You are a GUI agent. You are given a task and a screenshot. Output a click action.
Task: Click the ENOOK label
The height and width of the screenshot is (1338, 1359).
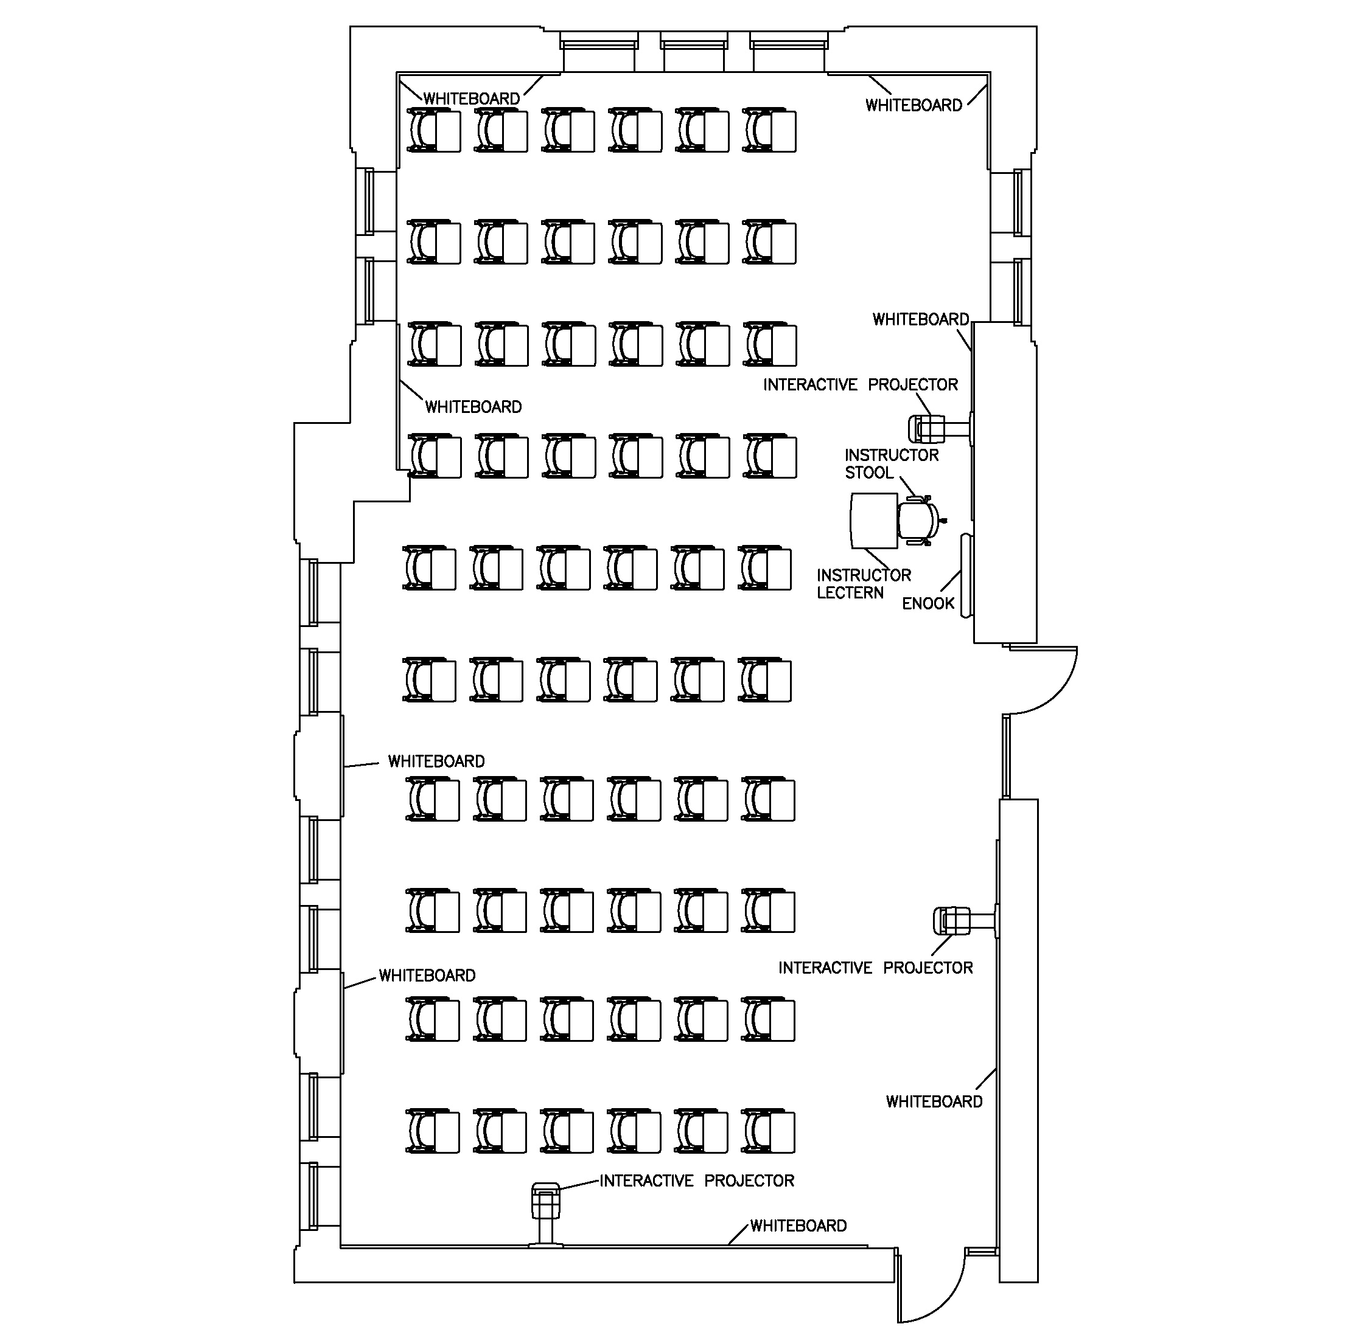click(x=928, y=603)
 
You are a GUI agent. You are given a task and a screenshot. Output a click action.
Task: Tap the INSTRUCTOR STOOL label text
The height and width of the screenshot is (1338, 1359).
click(x=891, y=464)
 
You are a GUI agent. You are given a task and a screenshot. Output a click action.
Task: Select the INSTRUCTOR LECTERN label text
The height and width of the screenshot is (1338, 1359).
click(x=864, y=584)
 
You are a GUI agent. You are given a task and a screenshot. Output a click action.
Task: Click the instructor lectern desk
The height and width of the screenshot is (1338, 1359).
click(x=873, y=521)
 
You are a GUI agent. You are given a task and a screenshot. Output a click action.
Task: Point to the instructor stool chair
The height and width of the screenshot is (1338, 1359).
click(x=917, y=521)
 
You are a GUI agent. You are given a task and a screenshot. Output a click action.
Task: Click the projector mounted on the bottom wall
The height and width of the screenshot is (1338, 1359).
click(x=545, y=1202)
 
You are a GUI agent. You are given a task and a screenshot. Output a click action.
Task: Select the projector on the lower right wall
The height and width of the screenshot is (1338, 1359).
click(x=951, y=920)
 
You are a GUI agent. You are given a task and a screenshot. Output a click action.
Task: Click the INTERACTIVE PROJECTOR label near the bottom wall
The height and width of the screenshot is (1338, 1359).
click(x=697, y=1180)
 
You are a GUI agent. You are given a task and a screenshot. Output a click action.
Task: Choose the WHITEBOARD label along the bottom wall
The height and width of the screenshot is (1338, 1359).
click(x=798, y=1225)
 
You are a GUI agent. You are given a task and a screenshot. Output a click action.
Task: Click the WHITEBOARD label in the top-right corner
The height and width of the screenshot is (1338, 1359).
click(x=914, y=105)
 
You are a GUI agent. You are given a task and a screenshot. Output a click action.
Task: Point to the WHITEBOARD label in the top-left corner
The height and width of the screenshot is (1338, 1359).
click(x=471, y=99)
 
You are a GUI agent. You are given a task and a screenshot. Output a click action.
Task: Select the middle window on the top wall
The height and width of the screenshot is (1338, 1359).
click(x=693, y=55)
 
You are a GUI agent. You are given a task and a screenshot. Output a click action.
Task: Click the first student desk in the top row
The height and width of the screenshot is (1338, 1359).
click(x=434, y=131)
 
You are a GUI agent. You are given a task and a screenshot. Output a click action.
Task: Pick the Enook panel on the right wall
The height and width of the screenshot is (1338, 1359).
click(x=966, y=575)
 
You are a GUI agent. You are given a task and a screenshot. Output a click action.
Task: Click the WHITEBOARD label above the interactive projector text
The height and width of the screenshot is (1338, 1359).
click(x=920, y=320)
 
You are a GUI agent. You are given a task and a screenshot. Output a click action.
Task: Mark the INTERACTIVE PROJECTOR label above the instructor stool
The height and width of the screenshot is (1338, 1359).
click(x=861, y=385)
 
